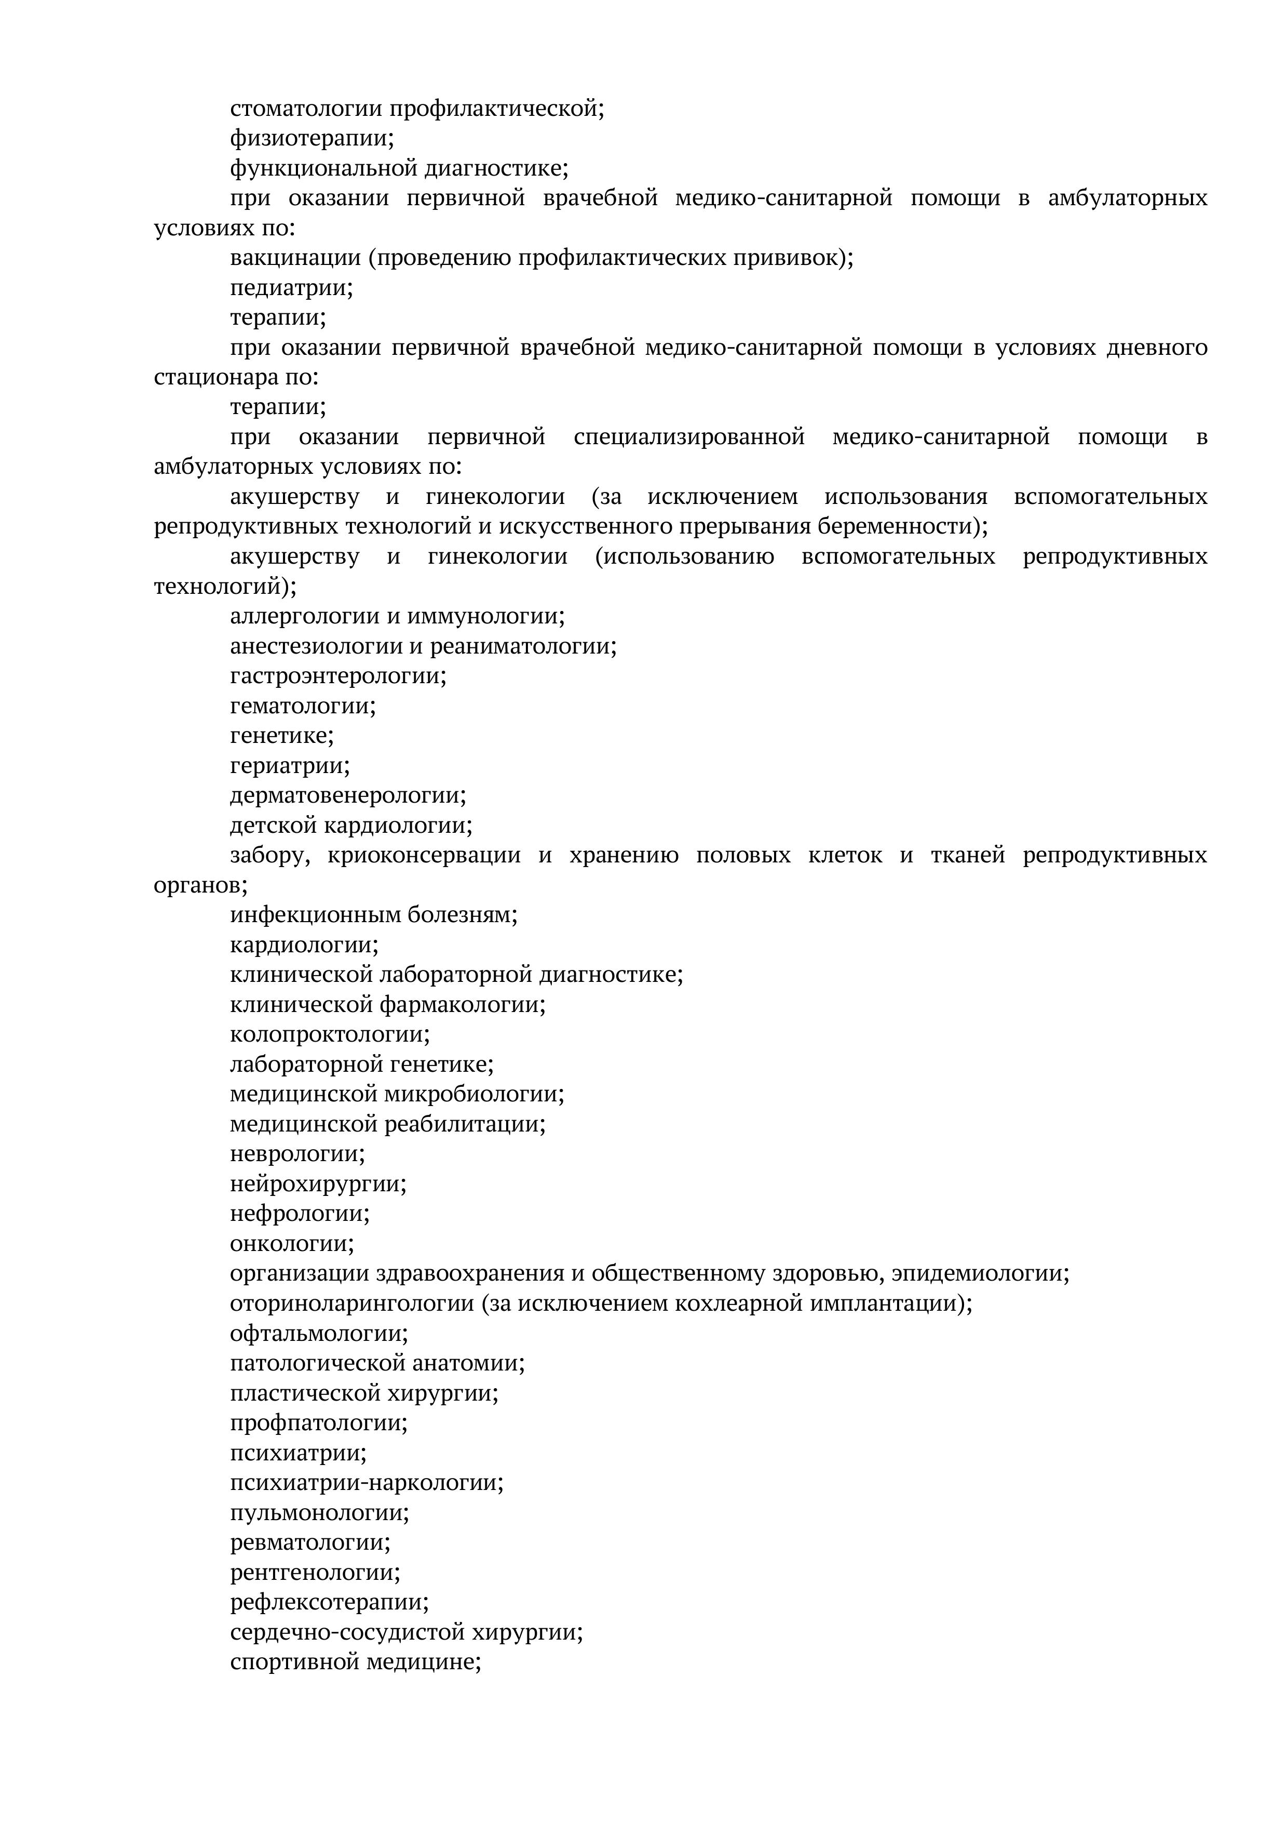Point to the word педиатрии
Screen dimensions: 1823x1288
tap(290, 287)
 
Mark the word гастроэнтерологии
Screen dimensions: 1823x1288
tap(337, 676)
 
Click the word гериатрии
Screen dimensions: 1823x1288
tap(289, 766)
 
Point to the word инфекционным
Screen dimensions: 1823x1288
tap(316, 915)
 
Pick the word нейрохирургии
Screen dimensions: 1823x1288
tap(317, 1185)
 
